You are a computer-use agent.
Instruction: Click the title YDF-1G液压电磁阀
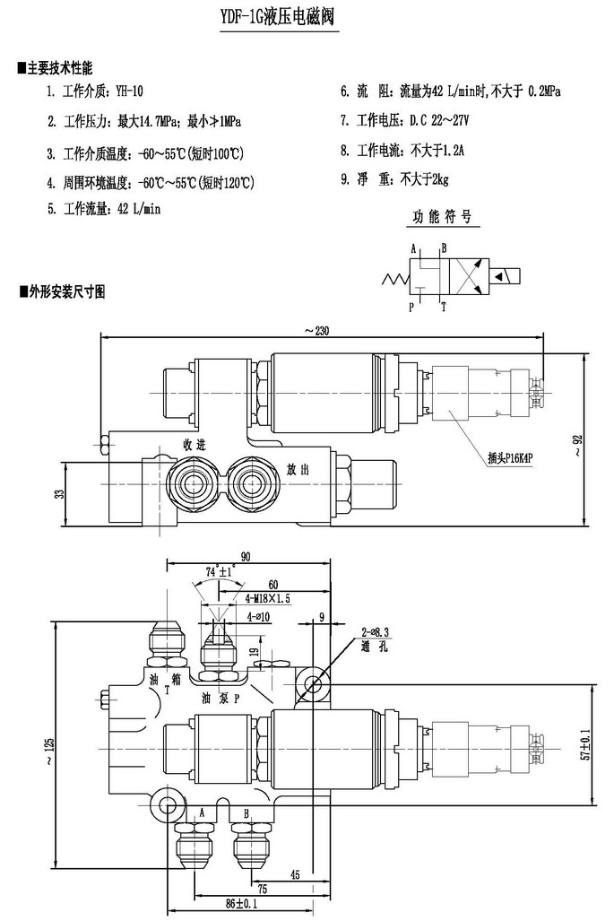[279, 18]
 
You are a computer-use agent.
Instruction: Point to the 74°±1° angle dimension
[219, 570]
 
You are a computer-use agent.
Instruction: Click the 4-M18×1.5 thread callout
[267, 596]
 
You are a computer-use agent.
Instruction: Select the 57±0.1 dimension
[584, 743]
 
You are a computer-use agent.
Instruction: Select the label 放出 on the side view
[298, 469]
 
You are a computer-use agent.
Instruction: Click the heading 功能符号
[441, 217]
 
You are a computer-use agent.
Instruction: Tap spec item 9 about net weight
[394, 179]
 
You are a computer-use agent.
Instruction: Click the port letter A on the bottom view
[202, 812]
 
